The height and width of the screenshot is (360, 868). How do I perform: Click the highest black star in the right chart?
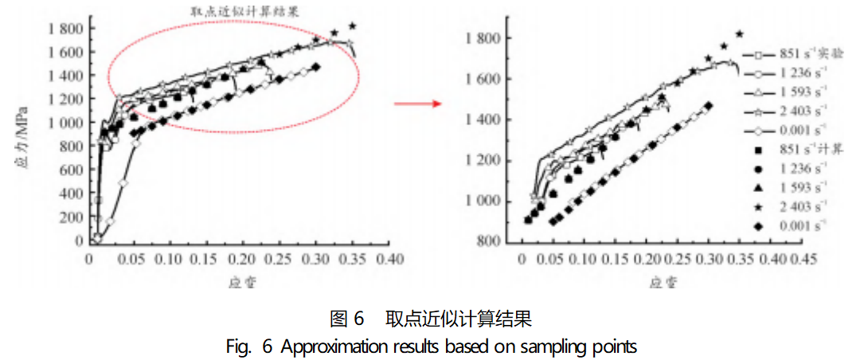click(x=740, y=34)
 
